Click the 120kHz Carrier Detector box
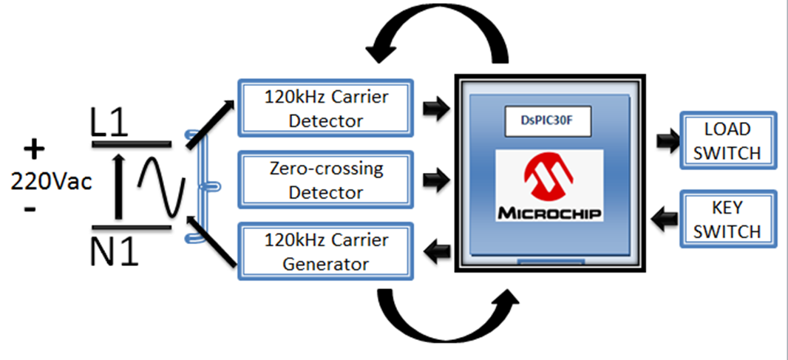coord(326,108)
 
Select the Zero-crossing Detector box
coord(326,180)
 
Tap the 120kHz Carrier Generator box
coord(326,251)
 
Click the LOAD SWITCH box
coord(727,140)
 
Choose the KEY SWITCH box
coord(727,219)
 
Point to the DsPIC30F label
coord(548,121)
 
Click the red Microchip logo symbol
coord(548,177)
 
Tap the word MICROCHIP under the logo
coord(549,213)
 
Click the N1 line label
coord(114,251)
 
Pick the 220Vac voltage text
coord(51,182)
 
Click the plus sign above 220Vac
coord(34,150)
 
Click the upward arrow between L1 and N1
coord(118,186)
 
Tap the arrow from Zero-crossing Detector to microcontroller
coord(435,180)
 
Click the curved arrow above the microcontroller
coord(437,31)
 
